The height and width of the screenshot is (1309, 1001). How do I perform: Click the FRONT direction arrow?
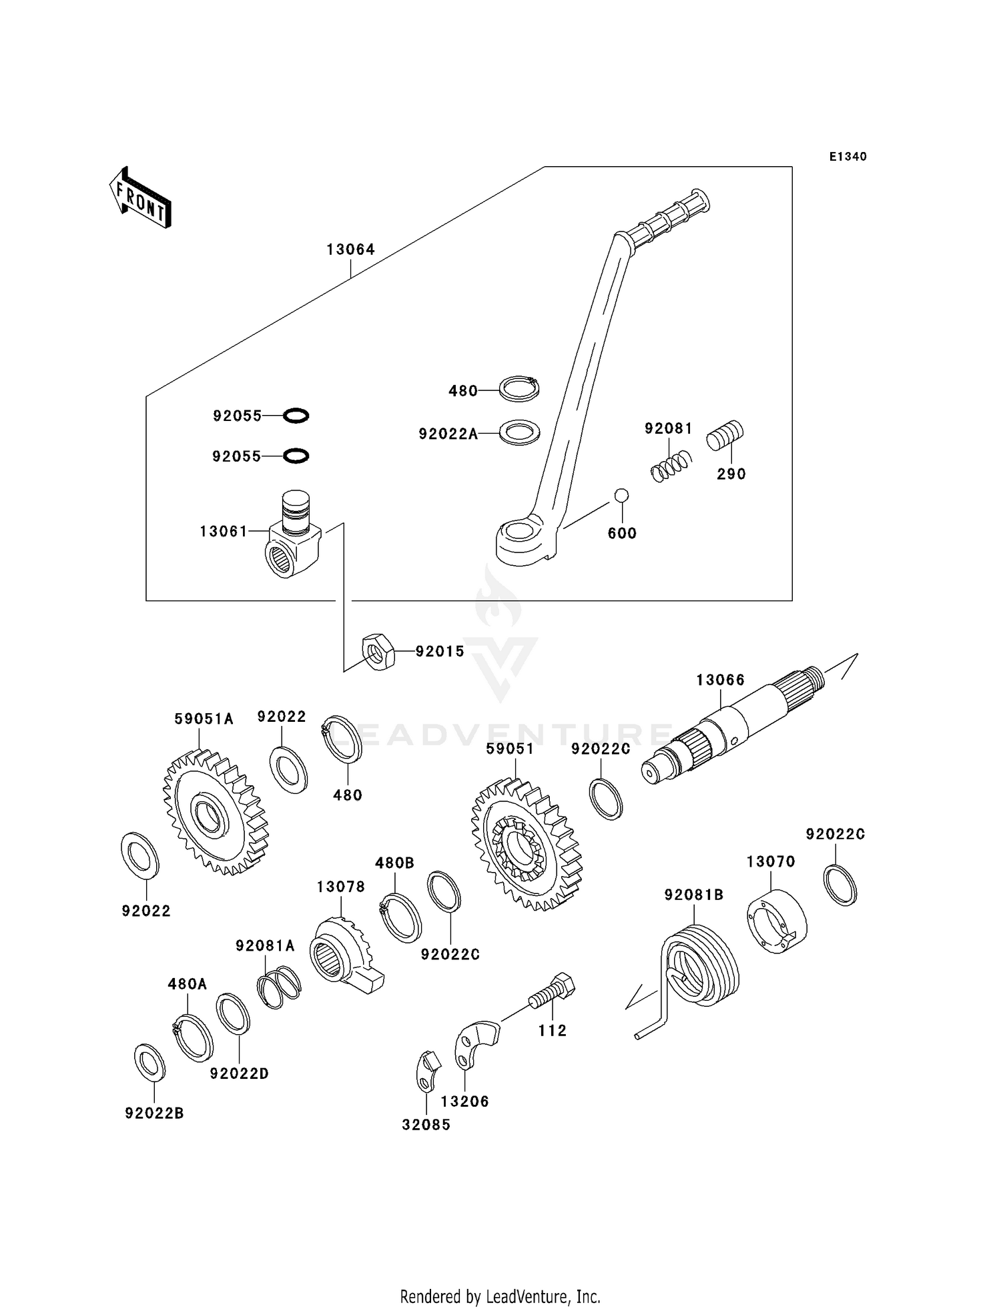tap(140, 198)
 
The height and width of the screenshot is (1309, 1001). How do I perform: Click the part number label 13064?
tap(350, 250)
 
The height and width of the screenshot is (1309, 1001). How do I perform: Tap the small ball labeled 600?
tap(621, 495)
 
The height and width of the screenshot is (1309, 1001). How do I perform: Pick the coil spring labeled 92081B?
tap(697, 966)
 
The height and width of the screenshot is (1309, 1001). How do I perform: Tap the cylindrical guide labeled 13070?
tap(776, 922)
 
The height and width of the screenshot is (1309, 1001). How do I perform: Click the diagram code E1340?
tap(848, 157)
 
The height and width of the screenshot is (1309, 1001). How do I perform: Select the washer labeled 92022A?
tap(519, 432)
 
